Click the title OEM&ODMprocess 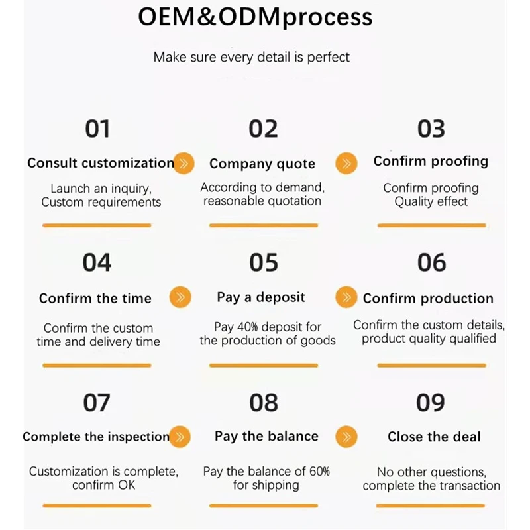click(x=255, y=17)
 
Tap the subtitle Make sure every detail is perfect click(x=252, y=57)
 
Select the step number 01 click(x=97, y=129)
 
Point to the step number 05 click(x=264, y=263)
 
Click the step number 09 click(x=431, y=403)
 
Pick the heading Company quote click(x=262, y=164)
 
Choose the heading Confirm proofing click(x=431, y=161)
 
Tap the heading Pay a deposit click(x=261, y=297)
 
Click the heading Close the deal click(x=434, y=437)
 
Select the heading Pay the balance click(x=266, y=436)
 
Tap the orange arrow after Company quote click(x=346, y=163)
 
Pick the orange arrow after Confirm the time click(x=180, y=297)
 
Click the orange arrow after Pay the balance click(x=346, y=437)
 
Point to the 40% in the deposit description click(x=256, y=327)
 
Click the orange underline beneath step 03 click(x=431, y=225)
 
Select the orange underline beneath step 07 click(x=97, y=505)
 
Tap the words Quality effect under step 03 click(x=431, y=202)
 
